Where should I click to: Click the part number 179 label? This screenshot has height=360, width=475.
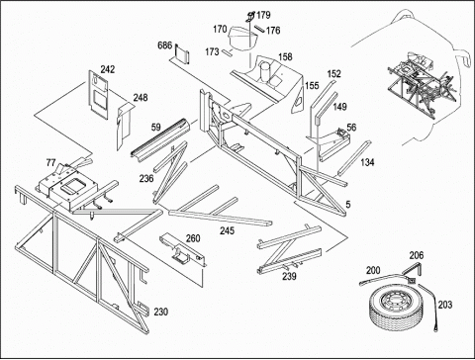click(263, 15)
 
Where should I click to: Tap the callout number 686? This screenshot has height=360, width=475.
click(165, 45)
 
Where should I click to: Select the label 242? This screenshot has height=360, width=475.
click(108, 69)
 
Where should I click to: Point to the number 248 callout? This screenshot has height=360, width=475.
click(141, 98)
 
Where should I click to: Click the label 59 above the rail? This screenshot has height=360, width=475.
click(156, 128)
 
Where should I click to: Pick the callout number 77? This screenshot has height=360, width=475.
click(50, 162)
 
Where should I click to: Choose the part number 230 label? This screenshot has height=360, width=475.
click(161, 312)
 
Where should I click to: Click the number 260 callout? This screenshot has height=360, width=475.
click(193, 238)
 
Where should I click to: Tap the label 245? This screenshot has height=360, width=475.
click(228, 230)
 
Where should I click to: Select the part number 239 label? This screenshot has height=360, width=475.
click(289, 276)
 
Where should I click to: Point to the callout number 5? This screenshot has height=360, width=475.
click(348, 205)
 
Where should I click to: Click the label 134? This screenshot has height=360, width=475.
click(367, 162)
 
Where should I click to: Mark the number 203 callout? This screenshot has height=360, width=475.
click(445, 305)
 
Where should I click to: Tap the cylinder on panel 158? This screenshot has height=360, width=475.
click(265, 72)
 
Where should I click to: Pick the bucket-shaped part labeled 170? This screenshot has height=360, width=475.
click(242, 38)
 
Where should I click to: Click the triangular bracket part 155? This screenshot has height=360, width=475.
click(297, 96)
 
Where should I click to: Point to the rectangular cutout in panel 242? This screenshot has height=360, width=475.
click(99, 99)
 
